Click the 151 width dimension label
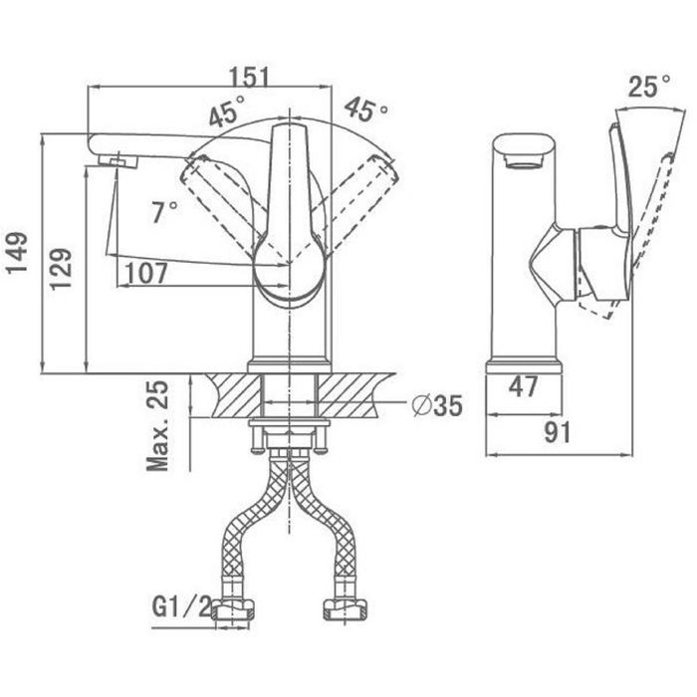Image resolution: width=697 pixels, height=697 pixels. click(249, 76)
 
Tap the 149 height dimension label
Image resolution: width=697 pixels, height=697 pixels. click(17, 253)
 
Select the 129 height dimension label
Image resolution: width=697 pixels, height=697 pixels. click(61, 270)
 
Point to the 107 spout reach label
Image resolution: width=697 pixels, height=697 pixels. click(146, 273)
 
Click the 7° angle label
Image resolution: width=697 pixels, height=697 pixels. click(165, 211)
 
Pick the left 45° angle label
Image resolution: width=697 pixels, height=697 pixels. click(227, 111)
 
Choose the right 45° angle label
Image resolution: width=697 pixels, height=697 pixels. click(365, 109)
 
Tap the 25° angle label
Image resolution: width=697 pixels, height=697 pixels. click(649, 86)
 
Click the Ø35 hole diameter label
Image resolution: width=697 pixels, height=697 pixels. click(437, 405)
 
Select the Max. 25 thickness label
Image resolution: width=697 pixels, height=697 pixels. click(158, 425)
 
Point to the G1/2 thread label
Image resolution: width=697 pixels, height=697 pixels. click(182, 606)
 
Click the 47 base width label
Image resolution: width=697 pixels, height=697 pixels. click(523, 386)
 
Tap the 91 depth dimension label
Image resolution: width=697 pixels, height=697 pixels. click(558, 432)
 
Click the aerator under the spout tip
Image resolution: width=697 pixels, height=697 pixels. click(117, 161)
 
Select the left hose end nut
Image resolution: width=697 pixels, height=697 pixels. click(232, 609)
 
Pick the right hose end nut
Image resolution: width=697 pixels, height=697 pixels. click(346, 609)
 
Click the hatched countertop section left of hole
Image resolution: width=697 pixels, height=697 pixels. click(235, 394)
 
